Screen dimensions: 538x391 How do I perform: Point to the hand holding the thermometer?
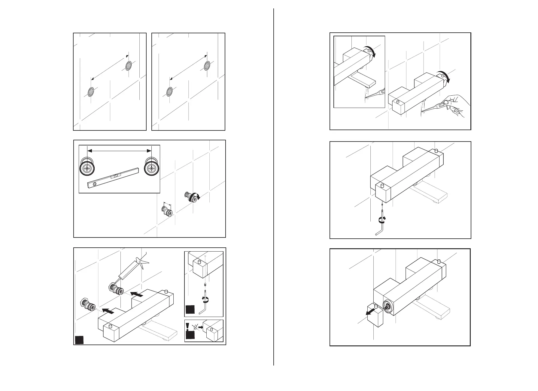click(x=455, y=106)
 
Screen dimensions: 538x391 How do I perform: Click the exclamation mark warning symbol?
click(x=188, y=326)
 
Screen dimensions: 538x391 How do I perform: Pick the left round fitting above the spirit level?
click(x=87, y=169)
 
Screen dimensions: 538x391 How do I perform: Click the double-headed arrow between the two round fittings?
click(x=119, y=151)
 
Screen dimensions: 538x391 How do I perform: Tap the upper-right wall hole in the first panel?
click(x=129, y=65)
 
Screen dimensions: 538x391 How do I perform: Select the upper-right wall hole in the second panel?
click(x=207, y=65)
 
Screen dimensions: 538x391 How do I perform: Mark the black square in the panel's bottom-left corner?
click(x=79, y=340)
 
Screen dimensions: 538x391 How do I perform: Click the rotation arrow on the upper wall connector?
click(x=197, y=197)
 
